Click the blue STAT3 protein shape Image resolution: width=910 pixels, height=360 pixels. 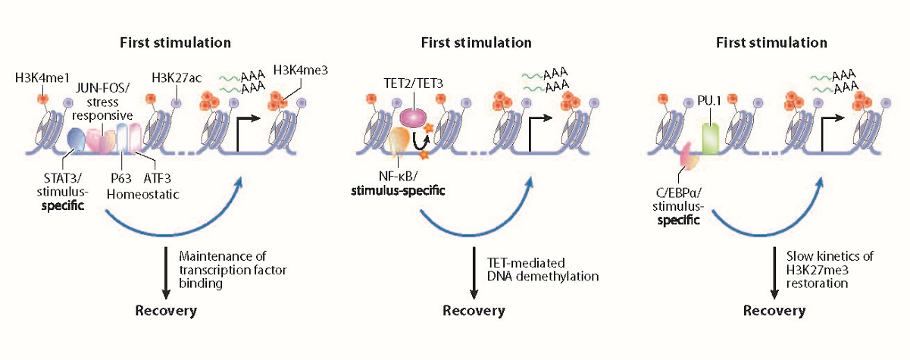pos(77,138)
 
